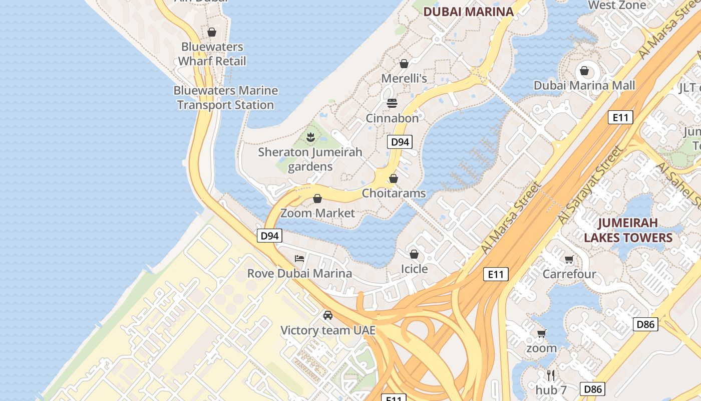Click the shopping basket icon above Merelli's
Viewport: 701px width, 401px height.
pyautogui.click(x=404, y=64)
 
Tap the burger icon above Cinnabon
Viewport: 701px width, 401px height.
pyautogui.click(x=392, y=103)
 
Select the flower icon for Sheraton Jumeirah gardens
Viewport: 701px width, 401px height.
pyautogui.click(x=310, y=137)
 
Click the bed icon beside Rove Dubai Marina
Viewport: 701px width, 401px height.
pyautogui.click(x=299, y=259)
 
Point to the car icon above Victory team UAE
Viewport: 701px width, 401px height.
pyautogui.click(x=328, y=315)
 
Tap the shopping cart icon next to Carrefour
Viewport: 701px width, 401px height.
pyautogui.click(x=569, y=259)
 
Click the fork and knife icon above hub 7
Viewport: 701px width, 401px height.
pyautogui.click(x=551, y=375)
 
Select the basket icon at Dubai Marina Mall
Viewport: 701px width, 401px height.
pyautogui.click(x=584, y=71)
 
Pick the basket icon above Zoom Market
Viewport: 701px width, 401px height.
pyautogui.click(x=317, y=198)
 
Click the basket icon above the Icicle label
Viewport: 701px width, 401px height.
pyautogui.click(x=414, y=254)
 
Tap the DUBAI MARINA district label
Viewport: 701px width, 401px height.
pyautogui.click(x=469, y=12)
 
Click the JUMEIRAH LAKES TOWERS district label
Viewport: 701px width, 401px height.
pyautogui.click(x=628, y=230)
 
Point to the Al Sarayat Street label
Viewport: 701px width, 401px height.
pyautogui.click(x=591, y=185)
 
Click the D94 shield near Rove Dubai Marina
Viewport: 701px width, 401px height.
pyautogui.click(x=269, y=236)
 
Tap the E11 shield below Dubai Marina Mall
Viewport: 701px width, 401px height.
pyautogui.click(x=620, y=118)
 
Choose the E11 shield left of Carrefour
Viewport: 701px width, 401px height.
pyautogui.click(x=496, y=274)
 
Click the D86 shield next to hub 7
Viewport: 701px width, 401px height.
pyautogui.click(x=592, y=389)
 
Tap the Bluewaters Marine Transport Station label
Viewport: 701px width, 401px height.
pyautogui.click(x=225, y=98)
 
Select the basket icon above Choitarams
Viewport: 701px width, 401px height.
pyautogui.click(x=394, y=178)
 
